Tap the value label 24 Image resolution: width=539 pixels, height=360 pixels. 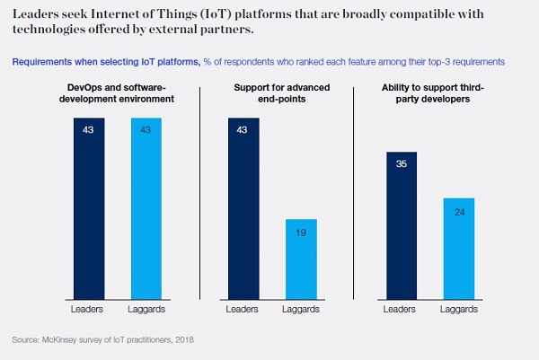pyautogui.click(x=458, y=213)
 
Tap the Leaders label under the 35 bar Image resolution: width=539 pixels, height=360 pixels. pyautogui.click(x=400, y=309)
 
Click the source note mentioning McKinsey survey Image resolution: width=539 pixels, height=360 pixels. pyautogui.click(x=102, y=339)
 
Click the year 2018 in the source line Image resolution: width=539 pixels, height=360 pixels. pyautogui.click(x=182, y=339)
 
